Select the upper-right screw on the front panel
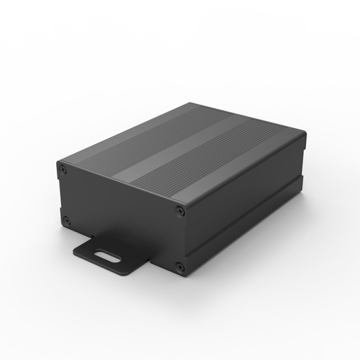tap(180, 211)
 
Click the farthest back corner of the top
tap(189, 103)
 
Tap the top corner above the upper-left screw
tap(58, 162)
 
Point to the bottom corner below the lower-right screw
tap(184, 276)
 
